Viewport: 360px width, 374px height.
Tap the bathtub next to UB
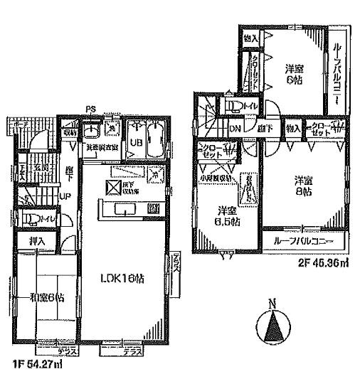pos(156,139)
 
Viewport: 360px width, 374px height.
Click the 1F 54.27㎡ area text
pos(31,364)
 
